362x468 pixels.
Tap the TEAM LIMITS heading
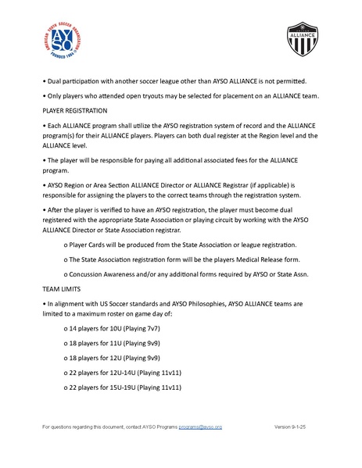tap(64, 288)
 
